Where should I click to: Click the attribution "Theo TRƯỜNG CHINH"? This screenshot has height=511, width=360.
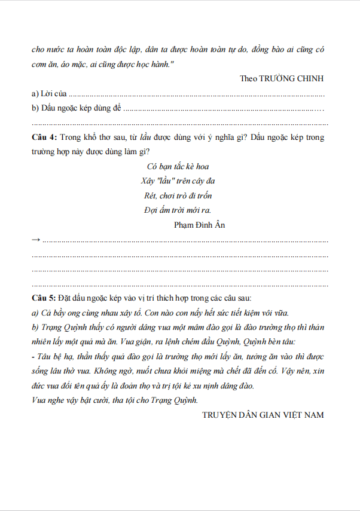click(x=282, y=79)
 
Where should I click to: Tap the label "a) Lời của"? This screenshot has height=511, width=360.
click(x=50, y=94)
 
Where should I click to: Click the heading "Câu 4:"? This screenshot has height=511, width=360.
click(x=44, y=137)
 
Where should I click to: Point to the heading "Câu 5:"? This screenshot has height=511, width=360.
click(x=44, y=297)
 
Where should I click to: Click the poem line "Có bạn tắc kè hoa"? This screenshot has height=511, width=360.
click(x=178, y=166)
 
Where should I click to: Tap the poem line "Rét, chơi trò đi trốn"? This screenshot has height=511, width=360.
click(x=178, y=195)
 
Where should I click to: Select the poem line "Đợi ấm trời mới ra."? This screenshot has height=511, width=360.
click(x=178, y=210)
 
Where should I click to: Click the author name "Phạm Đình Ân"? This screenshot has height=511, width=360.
click(x=199, y=225)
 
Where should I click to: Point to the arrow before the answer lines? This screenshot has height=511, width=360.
click(x=36, y=240)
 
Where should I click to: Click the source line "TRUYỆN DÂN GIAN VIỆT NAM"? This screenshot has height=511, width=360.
click(x=263, y=415)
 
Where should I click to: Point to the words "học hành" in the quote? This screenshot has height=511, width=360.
click(x=150, y=64)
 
